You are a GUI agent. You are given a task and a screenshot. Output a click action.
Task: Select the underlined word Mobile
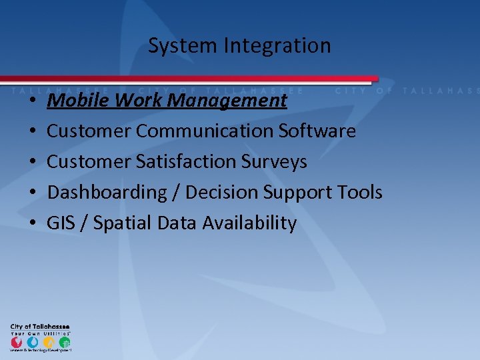click(71, 101)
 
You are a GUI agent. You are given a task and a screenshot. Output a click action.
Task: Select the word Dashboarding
click(107, 192)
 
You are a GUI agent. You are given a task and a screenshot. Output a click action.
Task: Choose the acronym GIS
click(60, 223)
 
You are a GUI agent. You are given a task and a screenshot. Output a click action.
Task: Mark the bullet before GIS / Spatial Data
click(32, 223)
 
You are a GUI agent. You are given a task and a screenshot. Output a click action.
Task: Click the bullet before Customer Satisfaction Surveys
click(32, 162)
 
